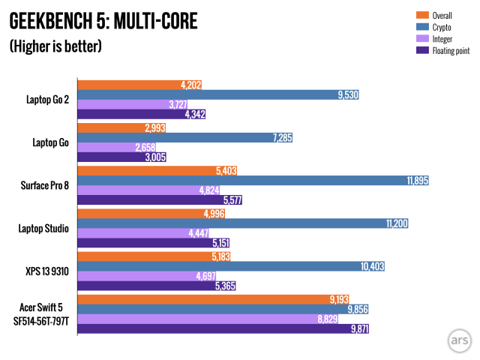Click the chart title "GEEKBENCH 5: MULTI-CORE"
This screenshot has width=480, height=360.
pos(103,22)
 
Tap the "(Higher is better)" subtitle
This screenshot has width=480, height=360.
pos(55,46)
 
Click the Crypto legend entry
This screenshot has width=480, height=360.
pos(439,27)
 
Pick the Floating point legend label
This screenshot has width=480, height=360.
pos(449,51)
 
